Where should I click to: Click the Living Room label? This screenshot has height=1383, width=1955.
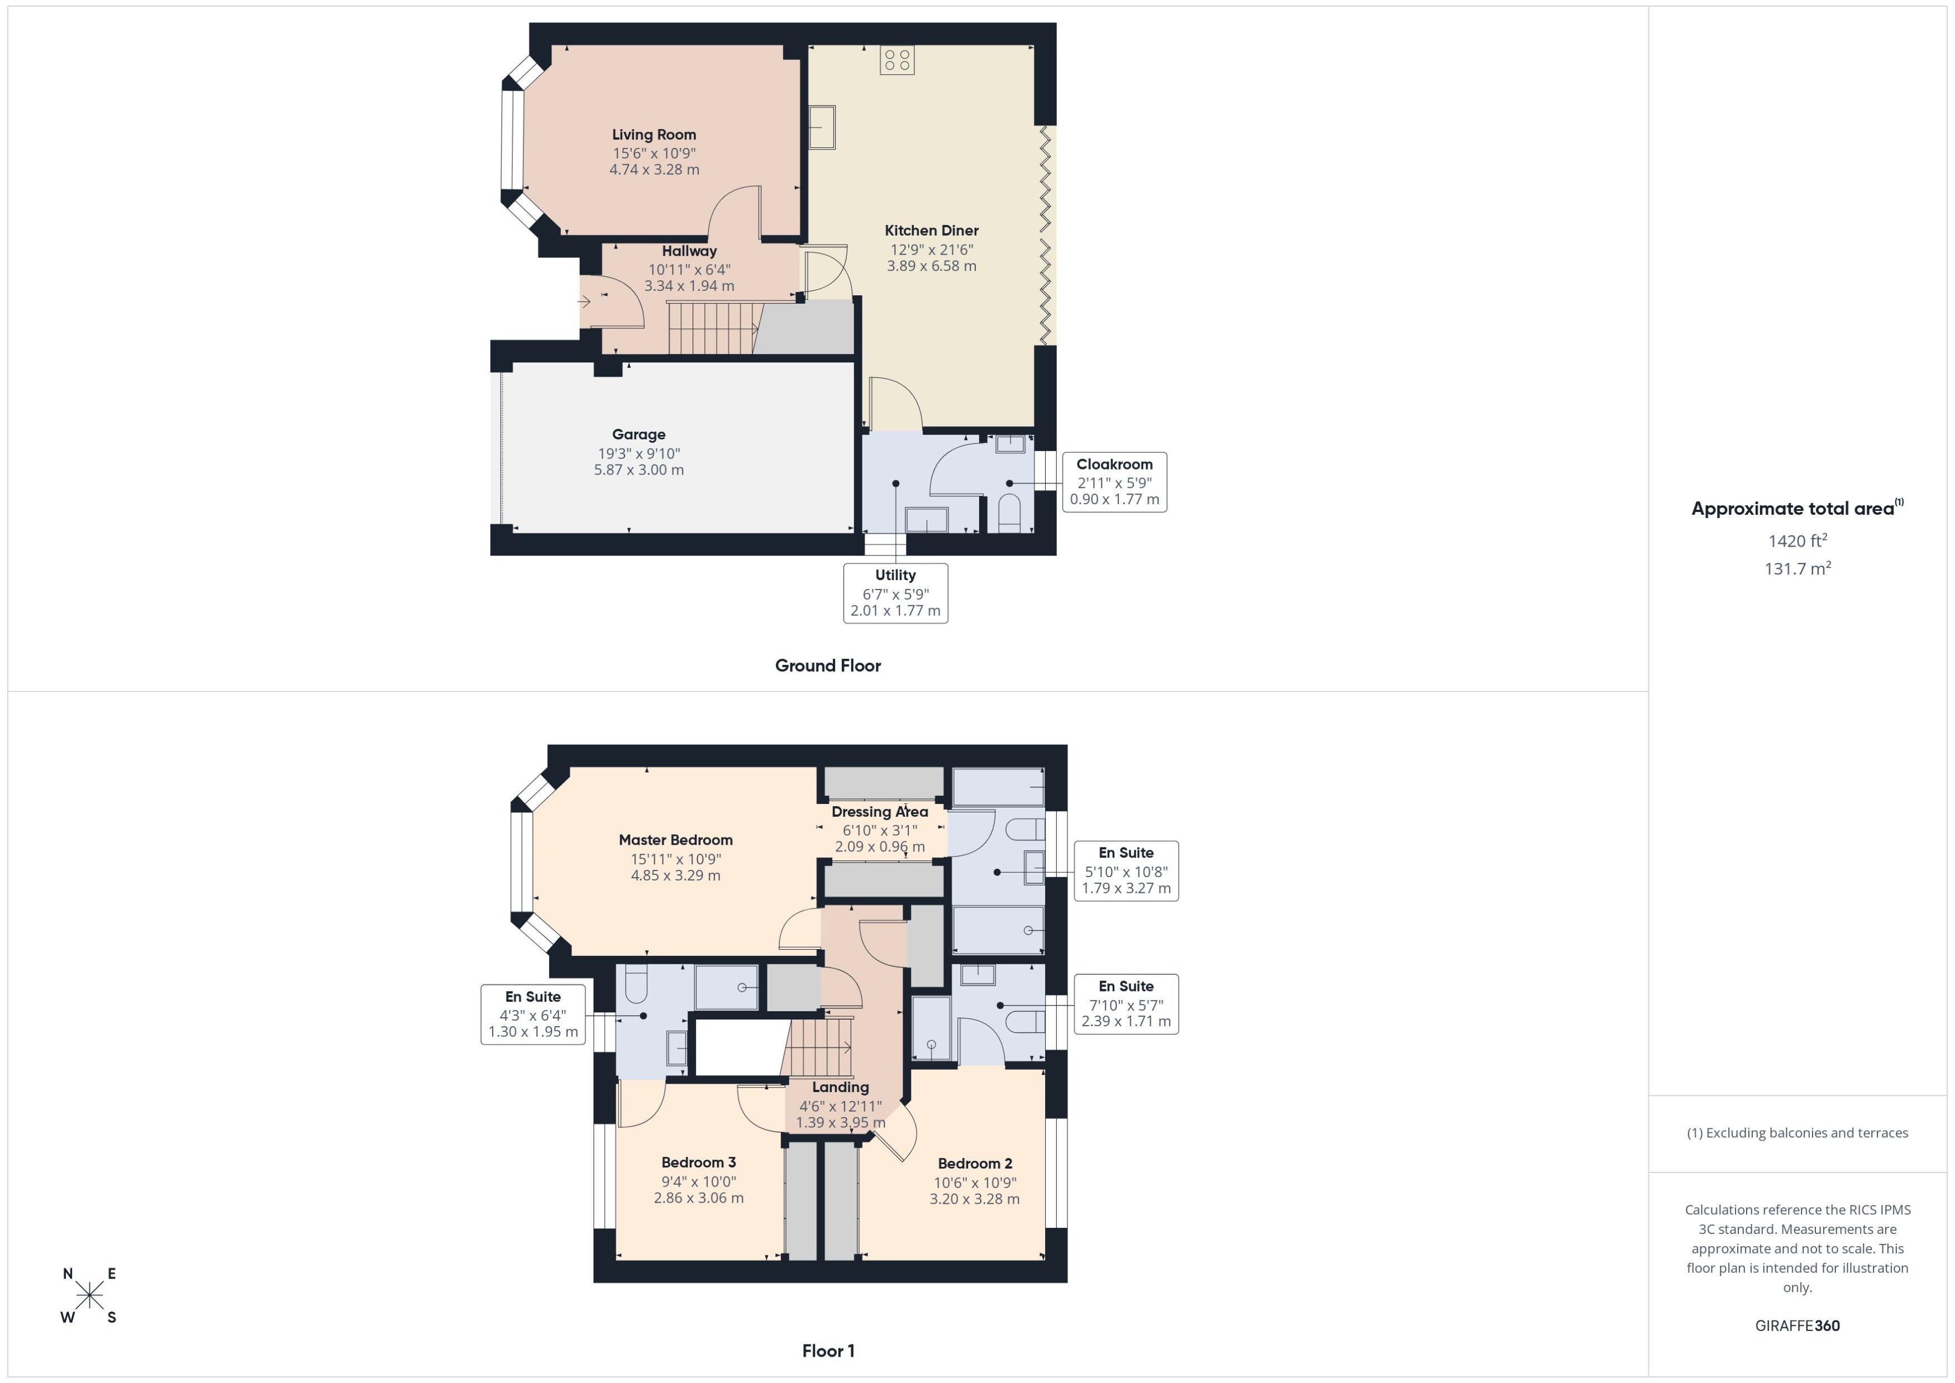(x=654, y=135)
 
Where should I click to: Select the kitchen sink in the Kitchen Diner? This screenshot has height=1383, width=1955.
(x=821, y=127)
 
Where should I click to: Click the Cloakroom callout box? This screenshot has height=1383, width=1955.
(x=1113, y=482)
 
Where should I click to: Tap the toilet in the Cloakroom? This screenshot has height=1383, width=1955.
(x=1009, y=515)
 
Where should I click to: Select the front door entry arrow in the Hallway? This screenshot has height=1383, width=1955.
(x=584, y=302)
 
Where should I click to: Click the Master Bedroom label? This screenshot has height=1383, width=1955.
(x=675, y=840)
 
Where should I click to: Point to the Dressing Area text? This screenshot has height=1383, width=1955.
(x=879, y=812)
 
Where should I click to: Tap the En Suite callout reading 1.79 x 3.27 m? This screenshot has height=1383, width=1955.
(x=1126, y=870)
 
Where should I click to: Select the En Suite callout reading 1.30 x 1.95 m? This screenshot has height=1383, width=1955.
(x=532, y=1014)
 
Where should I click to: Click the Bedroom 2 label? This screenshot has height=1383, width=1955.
(x=975, y=1163)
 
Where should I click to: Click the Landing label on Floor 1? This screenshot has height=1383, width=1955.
(x=840, y=1088)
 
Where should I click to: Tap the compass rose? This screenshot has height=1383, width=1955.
(x=89, y=1296)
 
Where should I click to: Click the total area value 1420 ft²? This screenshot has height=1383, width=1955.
(x=1796, y=541)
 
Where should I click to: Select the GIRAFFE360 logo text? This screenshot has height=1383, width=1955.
(x=1796, y=1326)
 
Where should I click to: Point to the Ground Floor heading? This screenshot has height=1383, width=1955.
(x=827, y=666)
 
